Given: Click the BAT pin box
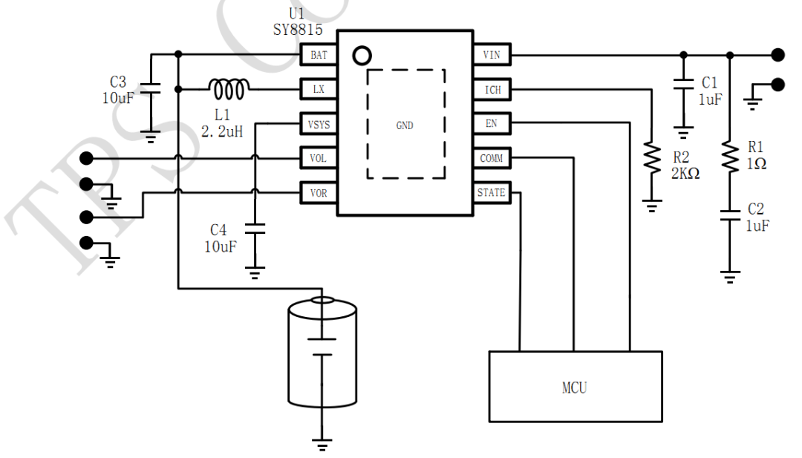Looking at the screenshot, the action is coord(319,55).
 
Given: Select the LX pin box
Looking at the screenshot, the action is coord(319,90).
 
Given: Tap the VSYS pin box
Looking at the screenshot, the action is coord(319,124).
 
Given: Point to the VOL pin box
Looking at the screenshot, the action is coord(319,158).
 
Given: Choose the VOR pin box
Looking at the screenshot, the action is coord(319,193).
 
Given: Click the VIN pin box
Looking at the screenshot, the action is coord(492,54).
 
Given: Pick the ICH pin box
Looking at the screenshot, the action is coord(492,90).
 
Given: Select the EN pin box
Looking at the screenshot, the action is coord(492,123).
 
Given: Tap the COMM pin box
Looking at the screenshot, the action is coord(492,158).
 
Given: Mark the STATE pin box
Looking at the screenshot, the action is coord(492,193).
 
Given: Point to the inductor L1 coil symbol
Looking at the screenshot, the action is coord(229,89).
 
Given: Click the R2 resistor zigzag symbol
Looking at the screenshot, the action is coord(652,158).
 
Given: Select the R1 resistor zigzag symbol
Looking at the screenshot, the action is coord(730,157).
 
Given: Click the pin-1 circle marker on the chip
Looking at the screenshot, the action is coord(362,56).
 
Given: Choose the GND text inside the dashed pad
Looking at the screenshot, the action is coord(405,125).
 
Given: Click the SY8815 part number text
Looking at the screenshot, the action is coord(298,30).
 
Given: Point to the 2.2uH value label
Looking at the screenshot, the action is coord(222,132).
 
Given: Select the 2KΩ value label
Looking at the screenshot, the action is coord(685,174).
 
